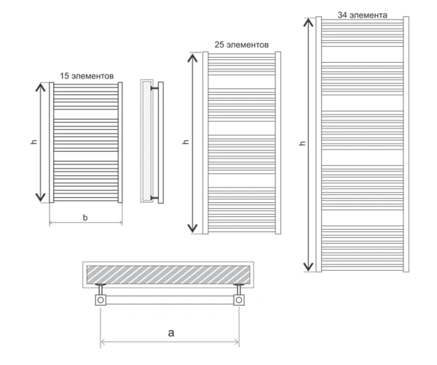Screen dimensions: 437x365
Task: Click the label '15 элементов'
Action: pos(87,76)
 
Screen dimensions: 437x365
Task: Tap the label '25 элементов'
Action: pos(242,45)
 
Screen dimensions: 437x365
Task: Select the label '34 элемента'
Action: pos(362,15)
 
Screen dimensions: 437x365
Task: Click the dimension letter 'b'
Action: pos(85,218)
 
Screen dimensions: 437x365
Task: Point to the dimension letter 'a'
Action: pos(171,333)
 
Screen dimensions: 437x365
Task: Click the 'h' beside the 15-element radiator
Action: pos(34,142)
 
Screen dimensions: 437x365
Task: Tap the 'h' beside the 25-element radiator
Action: pos(186,142)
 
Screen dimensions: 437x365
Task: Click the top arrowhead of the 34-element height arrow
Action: pos(308,22)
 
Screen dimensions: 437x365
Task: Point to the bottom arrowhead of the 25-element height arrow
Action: pos(192,228)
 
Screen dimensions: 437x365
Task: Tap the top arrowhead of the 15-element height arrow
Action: pos(41,88)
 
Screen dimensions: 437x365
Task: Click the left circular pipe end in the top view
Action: pos(101,300)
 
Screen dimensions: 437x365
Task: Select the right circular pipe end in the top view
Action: pos(239,300)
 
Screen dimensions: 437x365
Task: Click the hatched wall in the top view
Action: pos(168,274)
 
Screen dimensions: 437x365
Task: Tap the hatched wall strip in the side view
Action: pos(146,141)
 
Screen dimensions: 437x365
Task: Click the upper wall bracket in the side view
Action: pos(154,88)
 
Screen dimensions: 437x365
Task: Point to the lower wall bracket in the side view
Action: pos(154,198)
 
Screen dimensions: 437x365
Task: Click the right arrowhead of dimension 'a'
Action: pos(236,342)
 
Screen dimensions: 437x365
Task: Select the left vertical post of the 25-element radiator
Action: pos(205,142)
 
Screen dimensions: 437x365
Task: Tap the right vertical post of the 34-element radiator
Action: pos(406,144)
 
